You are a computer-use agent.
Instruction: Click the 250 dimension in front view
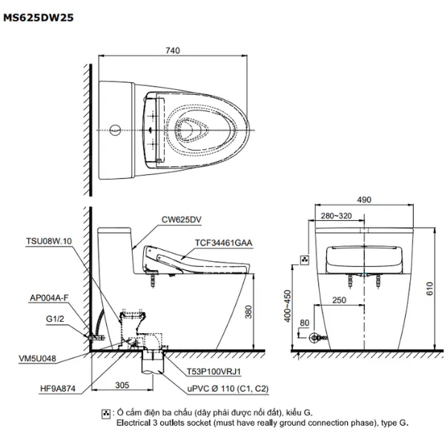pos(338,300)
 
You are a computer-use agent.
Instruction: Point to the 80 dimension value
pos(304,323)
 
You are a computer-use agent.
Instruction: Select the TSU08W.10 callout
pos(48,242)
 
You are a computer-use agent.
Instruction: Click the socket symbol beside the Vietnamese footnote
pos(106,414)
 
